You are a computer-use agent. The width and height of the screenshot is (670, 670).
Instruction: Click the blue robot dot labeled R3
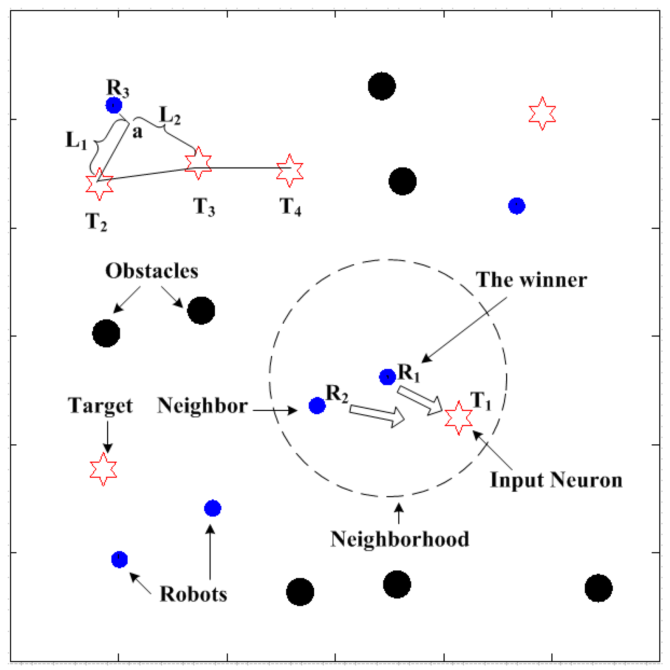[x=114, y=105]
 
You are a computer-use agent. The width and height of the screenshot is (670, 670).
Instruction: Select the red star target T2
[x=99, y=184]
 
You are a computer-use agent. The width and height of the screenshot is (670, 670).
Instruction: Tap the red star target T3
[x=198, y=163]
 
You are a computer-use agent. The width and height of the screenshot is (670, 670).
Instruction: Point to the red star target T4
[x=290, y=170]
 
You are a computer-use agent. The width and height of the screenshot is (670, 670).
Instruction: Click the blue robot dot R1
[x=387, y=376]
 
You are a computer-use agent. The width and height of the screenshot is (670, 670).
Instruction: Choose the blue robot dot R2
[x=317, y=406]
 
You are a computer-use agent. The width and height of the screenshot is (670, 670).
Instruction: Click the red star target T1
[x=458, y=418]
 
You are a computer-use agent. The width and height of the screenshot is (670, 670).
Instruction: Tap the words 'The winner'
[x=531, y=280]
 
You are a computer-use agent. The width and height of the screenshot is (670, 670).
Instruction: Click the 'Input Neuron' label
[x=556, y=480]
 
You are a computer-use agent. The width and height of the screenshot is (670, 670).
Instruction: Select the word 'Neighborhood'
[x=399, y=539]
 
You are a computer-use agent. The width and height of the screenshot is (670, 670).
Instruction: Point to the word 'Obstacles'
[x=152, y=271]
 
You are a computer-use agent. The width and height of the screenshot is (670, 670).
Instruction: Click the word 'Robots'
[x=193, y=594]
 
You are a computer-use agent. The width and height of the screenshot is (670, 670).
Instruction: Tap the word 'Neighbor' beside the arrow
[x=202, y=406]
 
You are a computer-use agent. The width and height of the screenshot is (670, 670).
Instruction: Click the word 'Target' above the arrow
[x=100, y=406]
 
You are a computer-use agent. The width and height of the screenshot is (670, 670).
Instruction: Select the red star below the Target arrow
[x=103, y=469]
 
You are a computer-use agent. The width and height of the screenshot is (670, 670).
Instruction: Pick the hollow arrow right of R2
[x=377, y=416]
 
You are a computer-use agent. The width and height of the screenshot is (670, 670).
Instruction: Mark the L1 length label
[x=76, y=141]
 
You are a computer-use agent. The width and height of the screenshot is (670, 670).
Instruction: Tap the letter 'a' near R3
[x=137, y=132]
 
